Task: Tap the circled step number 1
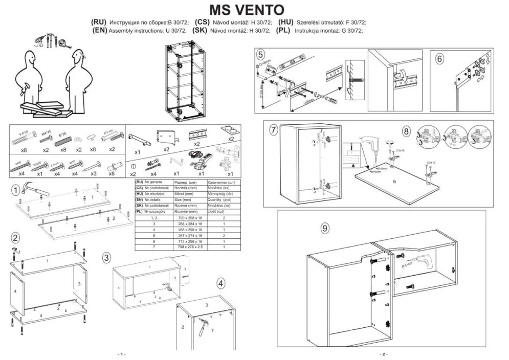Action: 16,190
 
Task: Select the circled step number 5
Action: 260,55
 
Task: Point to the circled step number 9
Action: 325,228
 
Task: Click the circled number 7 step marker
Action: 273,130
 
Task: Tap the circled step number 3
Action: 106,257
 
